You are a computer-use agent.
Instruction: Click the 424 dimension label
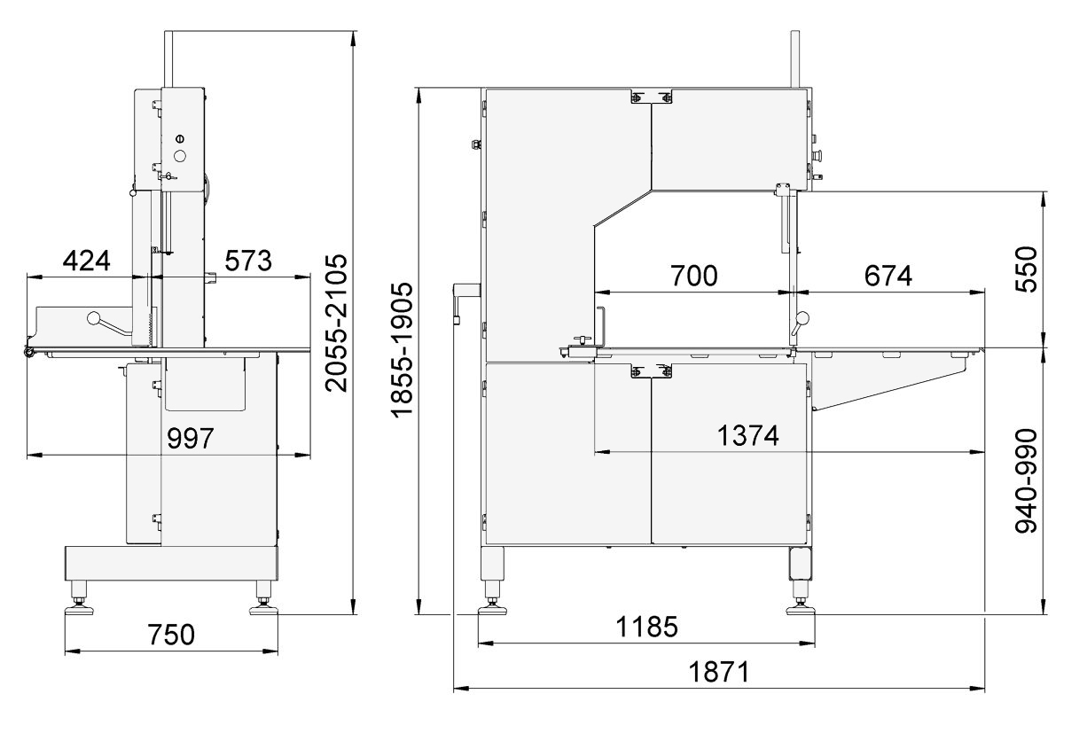pos(87,260)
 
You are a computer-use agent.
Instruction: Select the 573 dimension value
pos(248,261)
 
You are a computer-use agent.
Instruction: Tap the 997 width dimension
pos(191,438)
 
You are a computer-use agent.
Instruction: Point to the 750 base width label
pos(171,635)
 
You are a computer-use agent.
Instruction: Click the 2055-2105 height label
pos(336,323)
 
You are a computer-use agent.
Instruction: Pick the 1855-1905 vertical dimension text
pos(402,350)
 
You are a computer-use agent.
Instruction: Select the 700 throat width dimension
pos(694,276)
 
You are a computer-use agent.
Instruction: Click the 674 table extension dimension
pos(888,276)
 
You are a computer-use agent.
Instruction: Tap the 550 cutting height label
pos(1027,269)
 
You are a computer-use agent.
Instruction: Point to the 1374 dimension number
pos(747,435)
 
